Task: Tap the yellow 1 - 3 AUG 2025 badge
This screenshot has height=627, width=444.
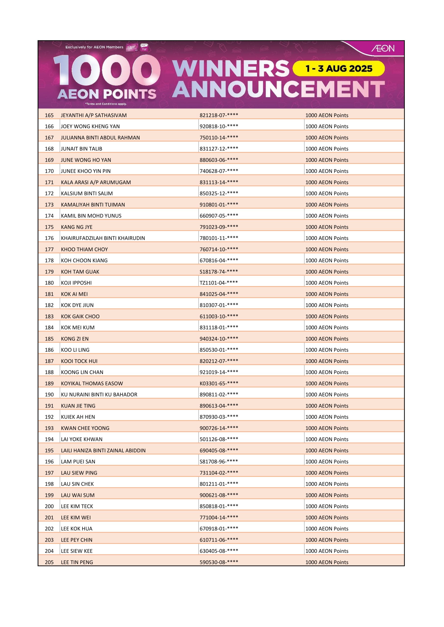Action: coord(339,68)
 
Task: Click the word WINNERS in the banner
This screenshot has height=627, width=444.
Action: coord(230,69)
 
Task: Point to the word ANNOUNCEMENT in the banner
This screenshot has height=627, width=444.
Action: coord(278,89)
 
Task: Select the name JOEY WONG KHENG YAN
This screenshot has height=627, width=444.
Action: coord(90,126)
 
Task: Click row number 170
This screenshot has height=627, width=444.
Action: coord(49,171)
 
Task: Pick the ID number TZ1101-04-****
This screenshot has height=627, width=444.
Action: coord(219,283)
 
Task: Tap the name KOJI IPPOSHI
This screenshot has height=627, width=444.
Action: coord(76,283)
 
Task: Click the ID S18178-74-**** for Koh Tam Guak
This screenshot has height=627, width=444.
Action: coord(219,272)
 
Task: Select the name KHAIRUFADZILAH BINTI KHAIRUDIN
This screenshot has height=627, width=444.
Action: coord(103,238)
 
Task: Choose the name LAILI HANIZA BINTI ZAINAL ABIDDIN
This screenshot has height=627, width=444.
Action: coord(103,451)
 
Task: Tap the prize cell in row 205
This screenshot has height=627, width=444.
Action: coord(327,562)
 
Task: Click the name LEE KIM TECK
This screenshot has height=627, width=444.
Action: coord(77,506)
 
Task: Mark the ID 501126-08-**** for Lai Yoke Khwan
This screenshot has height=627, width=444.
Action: coord(219,439)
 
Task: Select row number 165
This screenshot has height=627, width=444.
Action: coord(49,115)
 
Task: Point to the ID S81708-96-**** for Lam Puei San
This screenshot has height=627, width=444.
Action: coord(219,462)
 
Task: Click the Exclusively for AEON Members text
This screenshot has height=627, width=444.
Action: coord(94,47)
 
